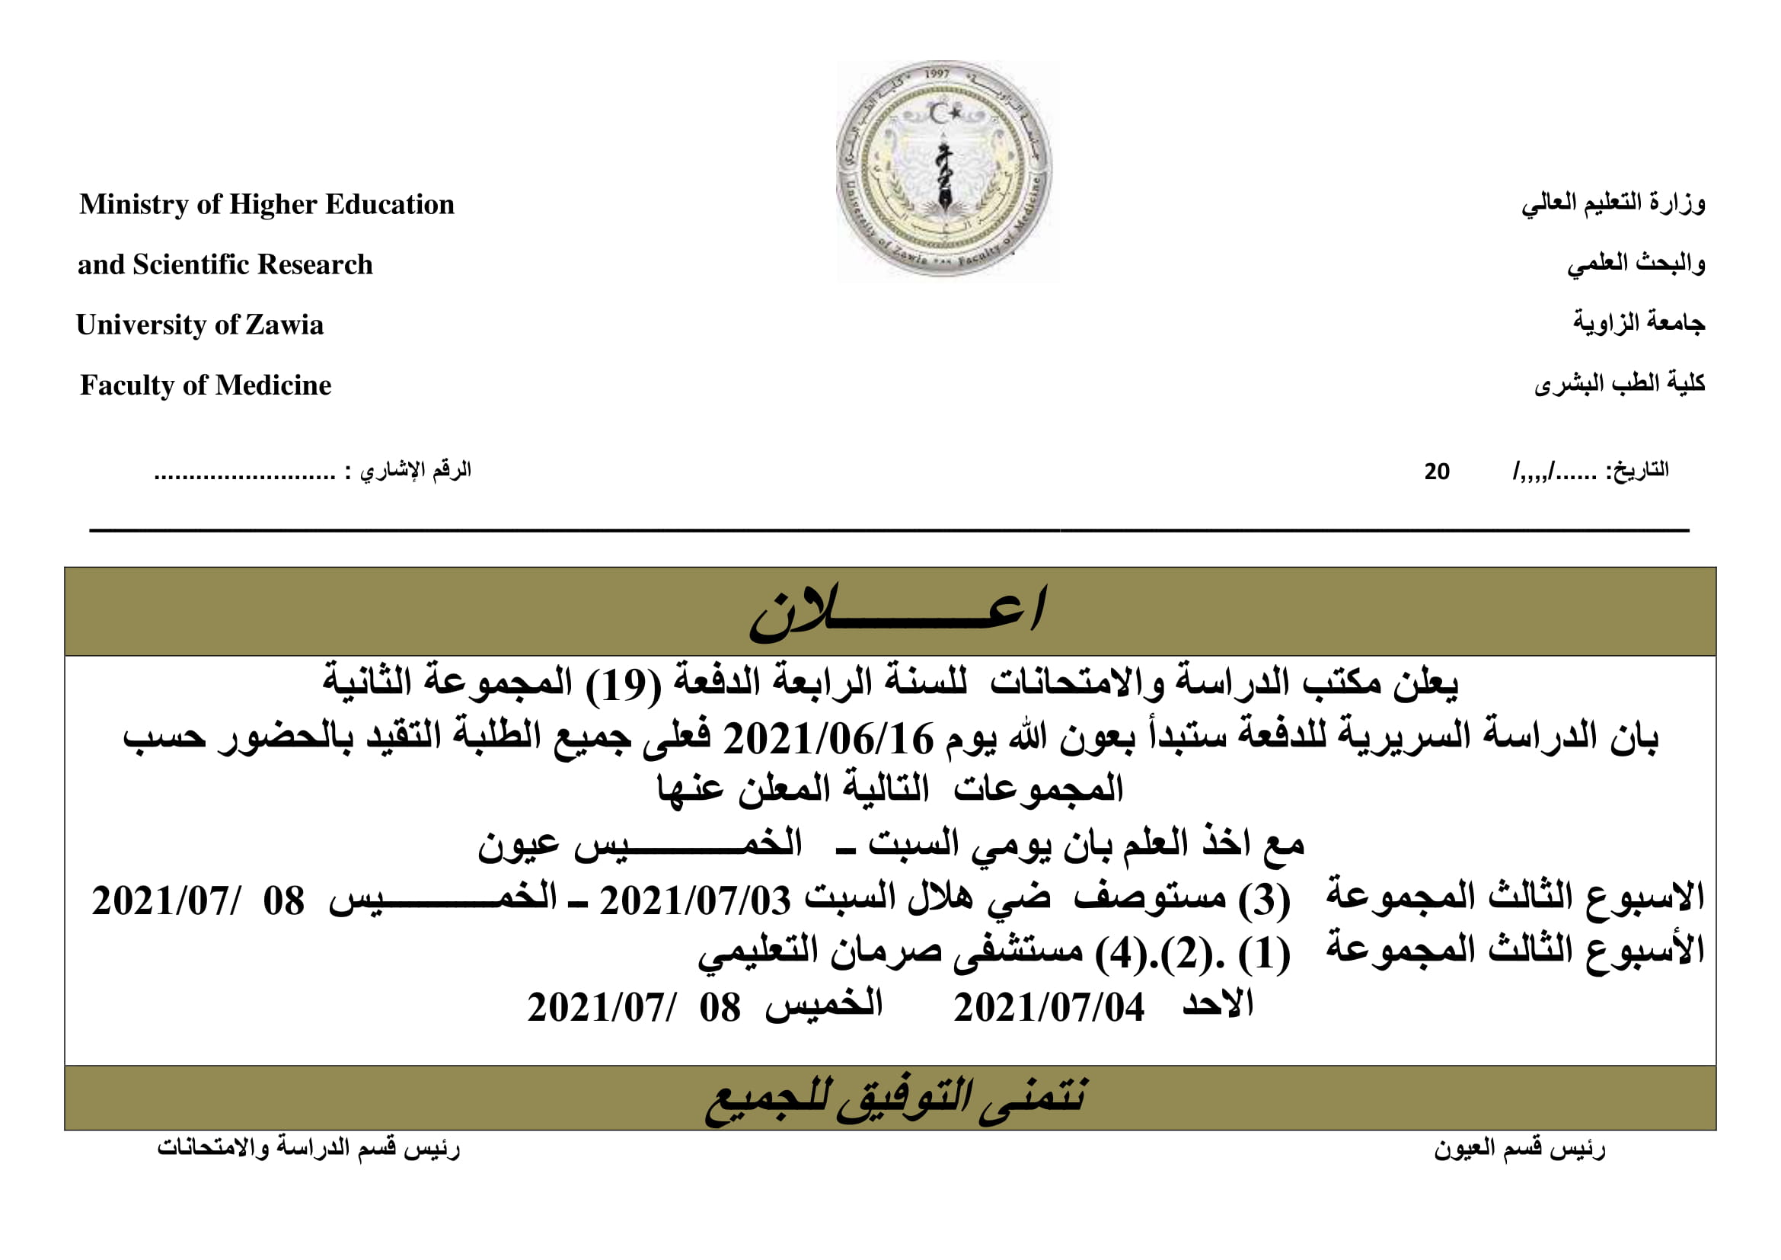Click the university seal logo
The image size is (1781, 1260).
[944, 170]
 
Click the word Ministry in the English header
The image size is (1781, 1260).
[133, 205]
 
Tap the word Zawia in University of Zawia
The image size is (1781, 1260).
[285, 325]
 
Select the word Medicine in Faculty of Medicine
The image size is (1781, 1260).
[273, 385]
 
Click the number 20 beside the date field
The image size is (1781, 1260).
[1437, 472]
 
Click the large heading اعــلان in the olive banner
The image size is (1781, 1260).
[897, 612]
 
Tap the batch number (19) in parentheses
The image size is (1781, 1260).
[623, 684]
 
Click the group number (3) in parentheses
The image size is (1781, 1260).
[1264, 900]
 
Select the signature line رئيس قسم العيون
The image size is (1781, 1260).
[1519, 1149]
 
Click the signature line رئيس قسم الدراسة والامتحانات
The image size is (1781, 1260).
[308, 1147]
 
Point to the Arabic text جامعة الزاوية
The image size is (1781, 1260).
[1639, 322]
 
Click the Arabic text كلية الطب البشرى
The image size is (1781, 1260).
[1619, 383]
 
